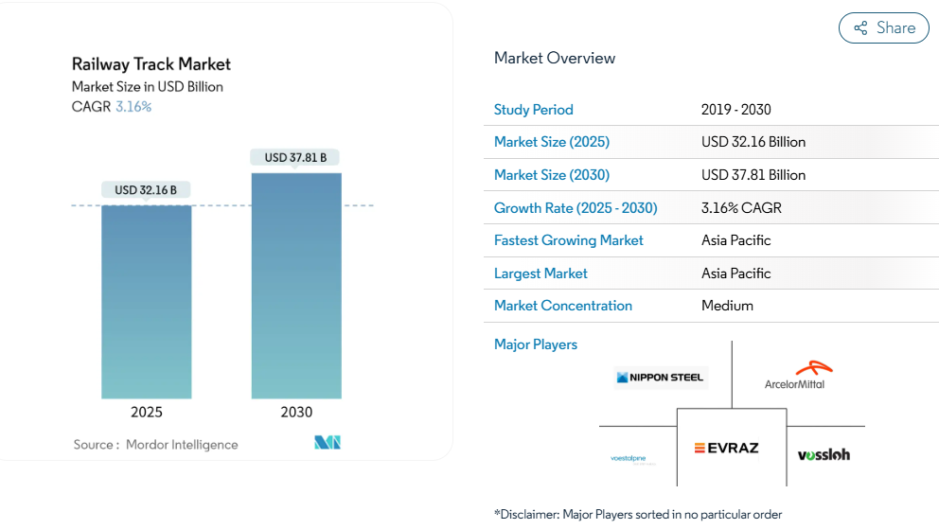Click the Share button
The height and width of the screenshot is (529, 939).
pyautogui.click(x=884, y=28)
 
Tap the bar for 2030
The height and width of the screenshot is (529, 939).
pyautogui.click(x=296, y=285)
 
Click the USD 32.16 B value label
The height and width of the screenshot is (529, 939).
pyautogui.click(x=146, y=190)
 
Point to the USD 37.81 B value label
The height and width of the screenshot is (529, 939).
pyautogui.click(x=295, y=157)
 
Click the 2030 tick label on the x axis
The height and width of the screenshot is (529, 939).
pyautogui.click(x=296, y=413)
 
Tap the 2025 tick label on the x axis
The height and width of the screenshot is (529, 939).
pyautogui.click(x=147, y=413)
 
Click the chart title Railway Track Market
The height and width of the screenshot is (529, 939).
pyautogui.click(x=151, y=64)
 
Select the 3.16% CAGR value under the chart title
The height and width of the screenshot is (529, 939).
pyautogui.click(x=133, y=107)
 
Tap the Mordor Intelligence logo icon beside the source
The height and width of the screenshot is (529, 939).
pyautogui.click(x=328, y=443)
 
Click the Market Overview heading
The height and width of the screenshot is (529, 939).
pyautogui.click(x=555, y=59)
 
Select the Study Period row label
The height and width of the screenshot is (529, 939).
pyautogui.click(x=534, y=110)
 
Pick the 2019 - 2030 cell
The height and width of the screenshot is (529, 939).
pyautogui.click(x=736, y=110)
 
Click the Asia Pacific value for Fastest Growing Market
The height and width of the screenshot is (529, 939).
pyautogui.click(x=736, y=240)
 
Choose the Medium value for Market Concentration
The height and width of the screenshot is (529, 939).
pyautogui.click(x=727, y=306)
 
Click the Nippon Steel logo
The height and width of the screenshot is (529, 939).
pyautogui.click(x=660, y=378)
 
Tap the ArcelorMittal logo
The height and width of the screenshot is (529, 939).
pyautogui.click(x=794, y=377)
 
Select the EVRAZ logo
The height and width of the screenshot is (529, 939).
pyautogui.click(x=726, y=448)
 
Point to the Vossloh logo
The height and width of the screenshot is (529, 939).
pyautogui.click(x=824, y=454)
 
